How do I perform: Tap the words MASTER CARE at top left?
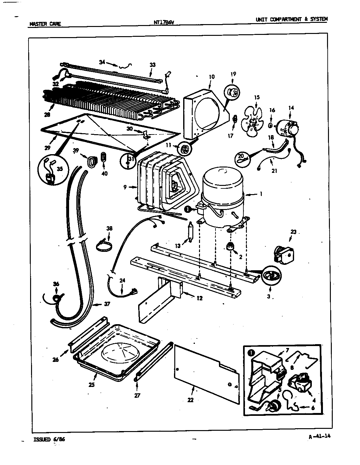(45, 23)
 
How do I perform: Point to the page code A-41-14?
(319, 436)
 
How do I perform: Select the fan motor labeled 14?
(288, 128)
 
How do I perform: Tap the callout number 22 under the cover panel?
(190, 400)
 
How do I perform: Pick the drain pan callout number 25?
(92, 385)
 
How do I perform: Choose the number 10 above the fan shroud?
(212, 77)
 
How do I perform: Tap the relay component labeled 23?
(284, 254)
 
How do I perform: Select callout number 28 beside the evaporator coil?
(47, 115)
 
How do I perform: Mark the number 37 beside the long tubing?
(107, 304)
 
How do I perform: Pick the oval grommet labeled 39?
(92, 161)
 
